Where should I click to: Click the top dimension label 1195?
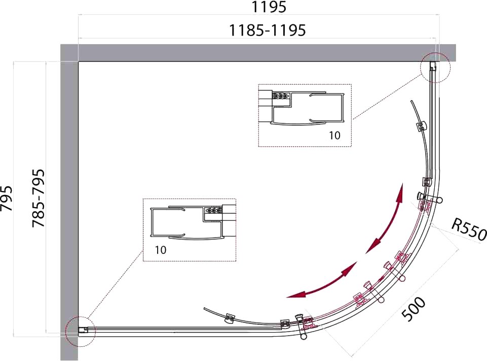click(268, 7)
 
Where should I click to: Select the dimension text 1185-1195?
click(268, 30)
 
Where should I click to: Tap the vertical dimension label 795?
click(7, 198)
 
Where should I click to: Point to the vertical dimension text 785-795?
click(39, 198)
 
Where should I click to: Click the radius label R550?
click(469, 229)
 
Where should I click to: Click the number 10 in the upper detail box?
click(335, 136)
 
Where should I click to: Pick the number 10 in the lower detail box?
click(161, 250)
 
